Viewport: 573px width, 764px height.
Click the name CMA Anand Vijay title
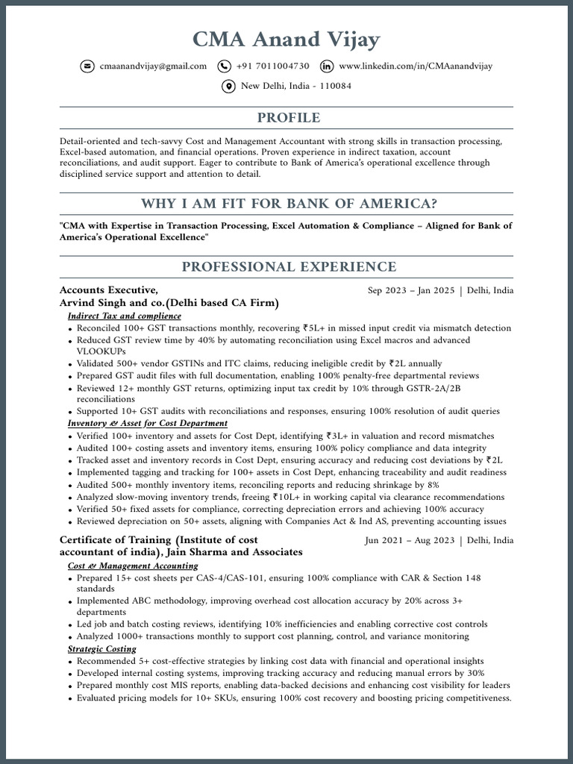pyautogui.click(x=286, y=39)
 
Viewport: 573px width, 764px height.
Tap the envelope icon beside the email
pyautogui.click(x=87, y=66)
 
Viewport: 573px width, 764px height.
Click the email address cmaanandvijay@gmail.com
pyautogui.click(x=153, y=66)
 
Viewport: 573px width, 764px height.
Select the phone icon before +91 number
pyautogui.click(x=225, y=66)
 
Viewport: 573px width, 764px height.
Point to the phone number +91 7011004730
pyautogui.click(x=272, y=66)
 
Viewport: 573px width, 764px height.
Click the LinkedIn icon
pyautogui.click(x=327, y=66)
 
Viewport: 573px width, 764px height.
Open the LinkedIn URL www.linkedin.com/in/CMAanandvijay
pyautogui.click(x=416, y=66)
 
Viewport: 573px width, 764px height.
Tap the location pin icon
pyautogui.click(x=229, y=87)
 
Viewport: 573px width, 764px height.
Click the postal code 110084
pyautogui.click(x=336, y=87)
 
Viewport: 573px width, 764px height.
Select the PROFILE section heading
pyautogui.click(x=289, y=118)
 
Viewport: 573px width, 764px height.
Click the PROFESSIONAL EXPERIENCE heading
pyautogui.click(x=289, y=267)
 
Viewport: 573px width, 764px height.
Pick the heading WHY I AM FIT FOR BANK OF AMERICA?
pyautogui.click(x=289, y=204)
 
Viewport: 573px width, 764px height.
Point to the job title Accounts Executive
pyautogui.click(x=108, y=290)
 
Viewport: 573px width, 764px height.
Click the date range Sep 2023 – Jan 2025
pyautogui.click(x=411, y=291)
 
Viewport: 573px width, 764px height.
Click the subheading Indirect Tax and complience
pyautogui.click(x=124, y=316)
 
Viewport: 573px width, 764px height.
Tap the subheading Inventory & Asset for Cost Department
pyautogui.click(x=148, y=424)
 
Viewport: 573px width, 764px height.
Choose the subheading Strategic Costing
pyautogui.click(x=101, y=649)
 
